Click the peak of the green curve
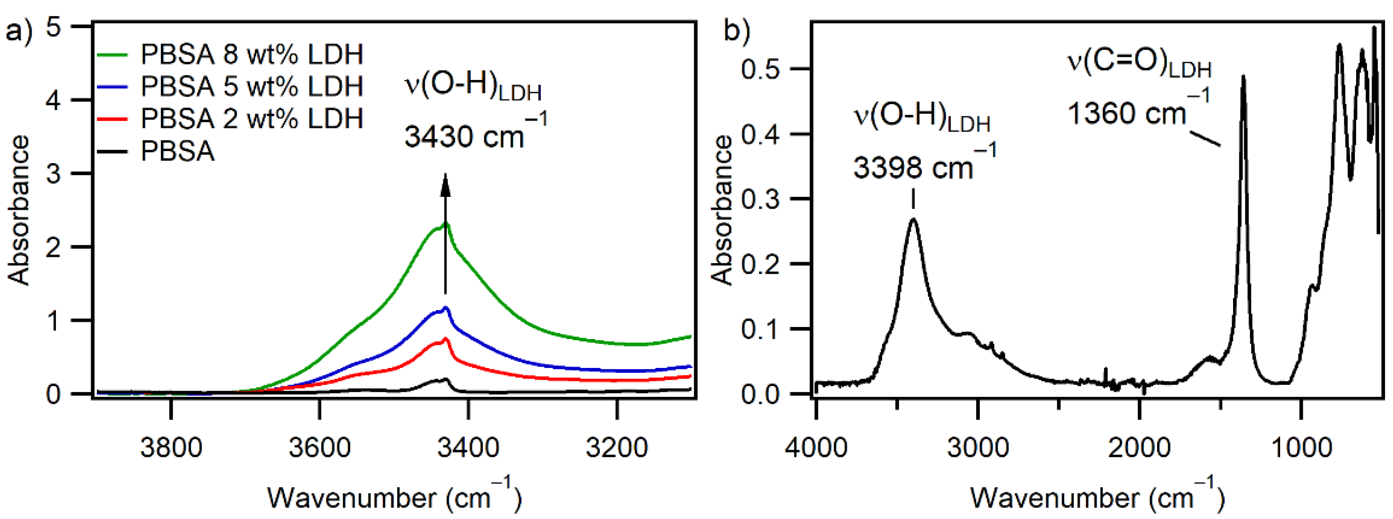point(447,223)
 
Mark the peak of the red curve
point(446,339)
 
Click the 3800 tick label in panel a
point(171,447)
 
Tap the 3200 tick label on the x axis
point(616,447)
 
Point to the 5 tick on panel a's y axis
point(53,27)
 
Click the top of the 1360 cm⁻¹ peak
point(1244,77)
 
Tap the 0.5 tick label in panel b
point(760,69)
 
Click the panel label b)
point(738,31)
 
